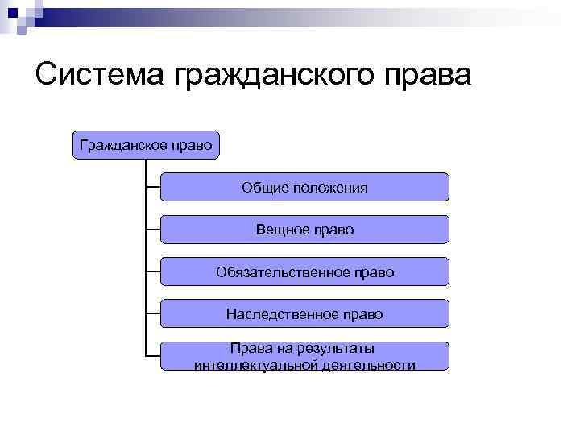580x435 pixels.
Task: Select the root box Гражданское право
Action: click(x=146, y=145)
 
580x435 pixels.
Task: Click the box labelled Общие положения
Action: click(x=304, y=187)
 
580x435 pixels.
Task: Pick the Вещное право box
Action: click(x=304, y=230)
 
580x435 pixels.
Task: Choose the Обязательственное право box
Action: click(x=304, y=272)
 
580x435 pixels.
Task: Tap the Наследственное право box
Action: click(x=304, y=314)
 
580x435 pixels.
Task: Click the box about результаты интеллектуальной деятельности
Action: click(x=304, y=356)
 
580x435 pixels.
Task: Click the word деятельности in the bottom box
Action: click(x=372, y=365)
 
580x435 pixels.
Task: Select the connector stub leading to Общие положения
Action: click(x=153, y=187)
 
